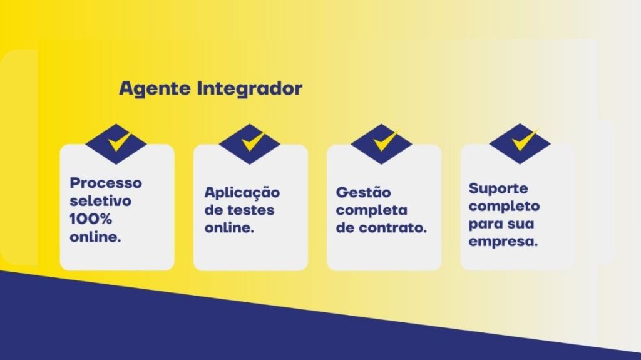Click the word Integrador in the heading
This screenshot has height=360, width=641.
point(250,89)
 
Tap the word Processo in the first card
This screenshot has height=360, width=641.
point(106,183)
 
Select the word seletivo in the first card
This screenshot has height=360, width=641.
point(101,201)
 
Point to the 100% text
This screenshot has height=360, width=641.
point(91,219)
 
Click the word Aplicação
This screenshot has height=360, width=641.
point(242,193)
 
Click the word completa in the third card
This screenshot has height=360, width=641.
point(372,211)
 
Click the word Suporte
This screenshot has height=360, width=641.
point(498,188)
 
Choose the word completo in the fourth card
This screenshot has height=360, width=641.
point(504,207)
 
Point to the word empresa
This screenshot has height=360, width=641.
point(503,242)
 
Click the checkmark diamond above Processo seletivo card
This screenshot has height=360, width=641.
point(116,143)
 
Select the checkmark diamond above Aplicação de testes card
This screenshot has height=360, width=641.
point(249,143)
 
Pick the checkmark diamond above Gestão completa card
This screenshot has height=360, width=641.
point(381,143)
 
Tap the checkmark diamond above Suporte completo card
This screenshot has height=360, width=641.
point(520,143)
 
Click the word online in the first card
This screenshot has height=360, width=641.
point(95,237)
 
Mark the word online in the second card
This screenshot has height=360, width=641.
point(229,227)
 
